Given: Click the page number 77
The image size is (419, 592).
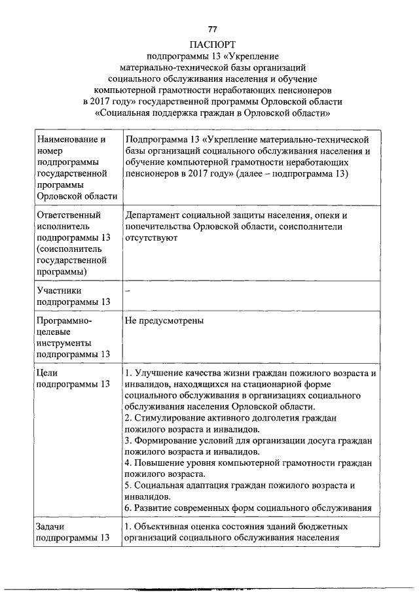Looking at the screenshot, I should (212, 29).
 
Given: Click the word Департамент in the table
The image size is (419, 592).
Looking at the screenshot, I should (153, 215).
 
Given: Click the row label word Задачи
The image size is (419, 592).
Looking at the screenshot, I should (53, 526).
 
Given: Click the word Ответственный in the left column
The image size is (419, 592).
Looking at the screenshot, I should (69, 215).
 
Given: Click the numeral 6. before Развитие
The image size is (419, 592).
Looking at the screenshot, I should (128, 508).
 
